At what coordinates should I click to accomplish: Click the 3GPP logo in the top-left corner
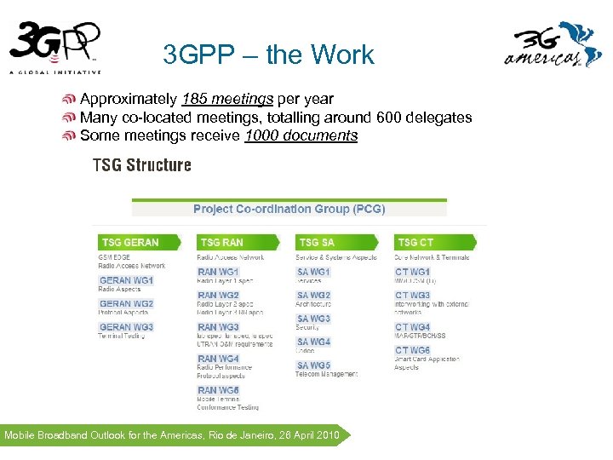56,47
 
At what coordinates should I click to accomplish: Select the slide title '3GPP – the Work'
268,55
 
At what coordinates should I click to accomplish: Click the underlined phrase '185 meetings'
227,99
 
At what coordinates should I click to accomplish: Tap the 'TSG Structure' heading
141,164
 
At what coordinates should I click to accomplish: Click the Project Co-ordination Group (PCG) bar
289,209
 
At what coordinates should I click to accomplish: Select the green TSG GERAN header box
136,242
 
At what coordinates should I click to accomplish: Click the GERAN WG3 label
126,327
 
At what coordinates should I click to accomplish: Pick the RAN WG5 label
218,390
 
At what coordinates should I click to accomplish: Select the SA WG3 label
313,319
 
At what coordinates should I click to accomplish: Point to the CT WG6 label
412,350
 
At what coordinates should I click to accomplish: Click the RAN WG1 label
218,272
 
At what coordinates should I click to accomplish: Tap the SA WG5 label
313,365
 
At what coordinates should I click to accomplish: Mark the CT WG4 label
412,327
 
